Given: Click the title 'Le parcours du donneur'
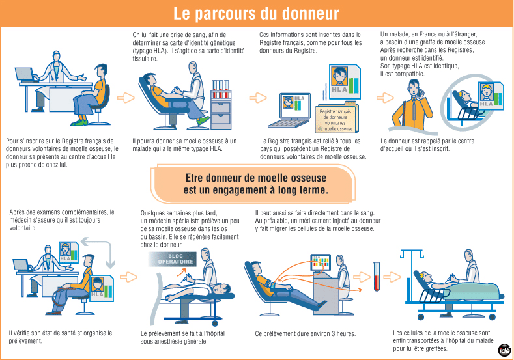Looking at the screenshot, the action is (x=256, y=14).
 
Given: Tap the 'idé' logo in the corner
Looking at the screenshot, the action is (x=504, y=350).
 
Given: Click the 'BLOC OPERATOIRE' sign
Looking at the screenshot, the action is (x=173, y=259).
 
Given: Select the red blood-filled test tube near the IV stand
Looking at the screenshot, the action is (x=377, y=277).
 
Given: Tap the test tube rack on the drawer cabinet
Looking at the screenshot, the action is (x=221, y=89).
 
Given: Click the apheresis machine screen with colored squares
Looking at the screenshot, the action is (x=321, y=263).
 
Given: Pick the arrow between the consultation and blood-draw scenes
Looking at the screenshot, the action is (x=126, y=98).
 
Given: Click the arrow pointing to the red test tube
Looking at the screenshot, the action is (x=362, y=277).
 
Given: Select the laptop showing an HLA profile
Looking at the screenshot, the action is (x=291, y=111).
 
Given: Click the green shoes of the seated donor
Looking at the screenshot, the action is (x=79, y=122).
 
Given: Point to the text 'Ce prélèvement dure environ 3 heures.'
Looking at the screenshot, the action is (x=305, y=334).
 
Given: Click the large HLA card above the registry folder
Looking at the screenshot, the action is (x=345, y=82).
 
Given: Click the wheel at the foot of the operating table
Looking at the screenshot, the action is (x=215, y=324).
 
